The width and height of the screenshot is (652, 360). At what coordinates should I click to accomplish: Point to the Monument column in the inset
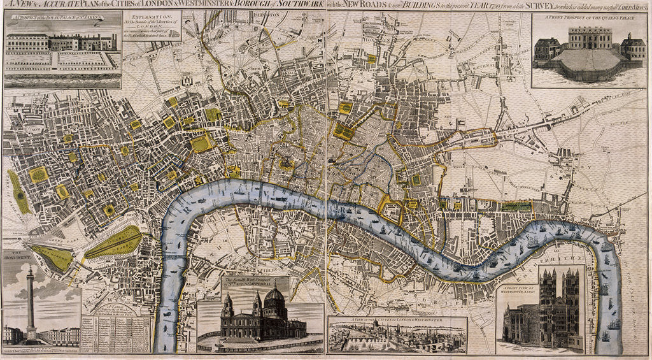point(30,299)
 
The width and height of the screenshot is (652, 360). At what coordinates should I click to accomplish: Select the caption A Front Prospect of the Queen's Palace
point(588,17)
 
